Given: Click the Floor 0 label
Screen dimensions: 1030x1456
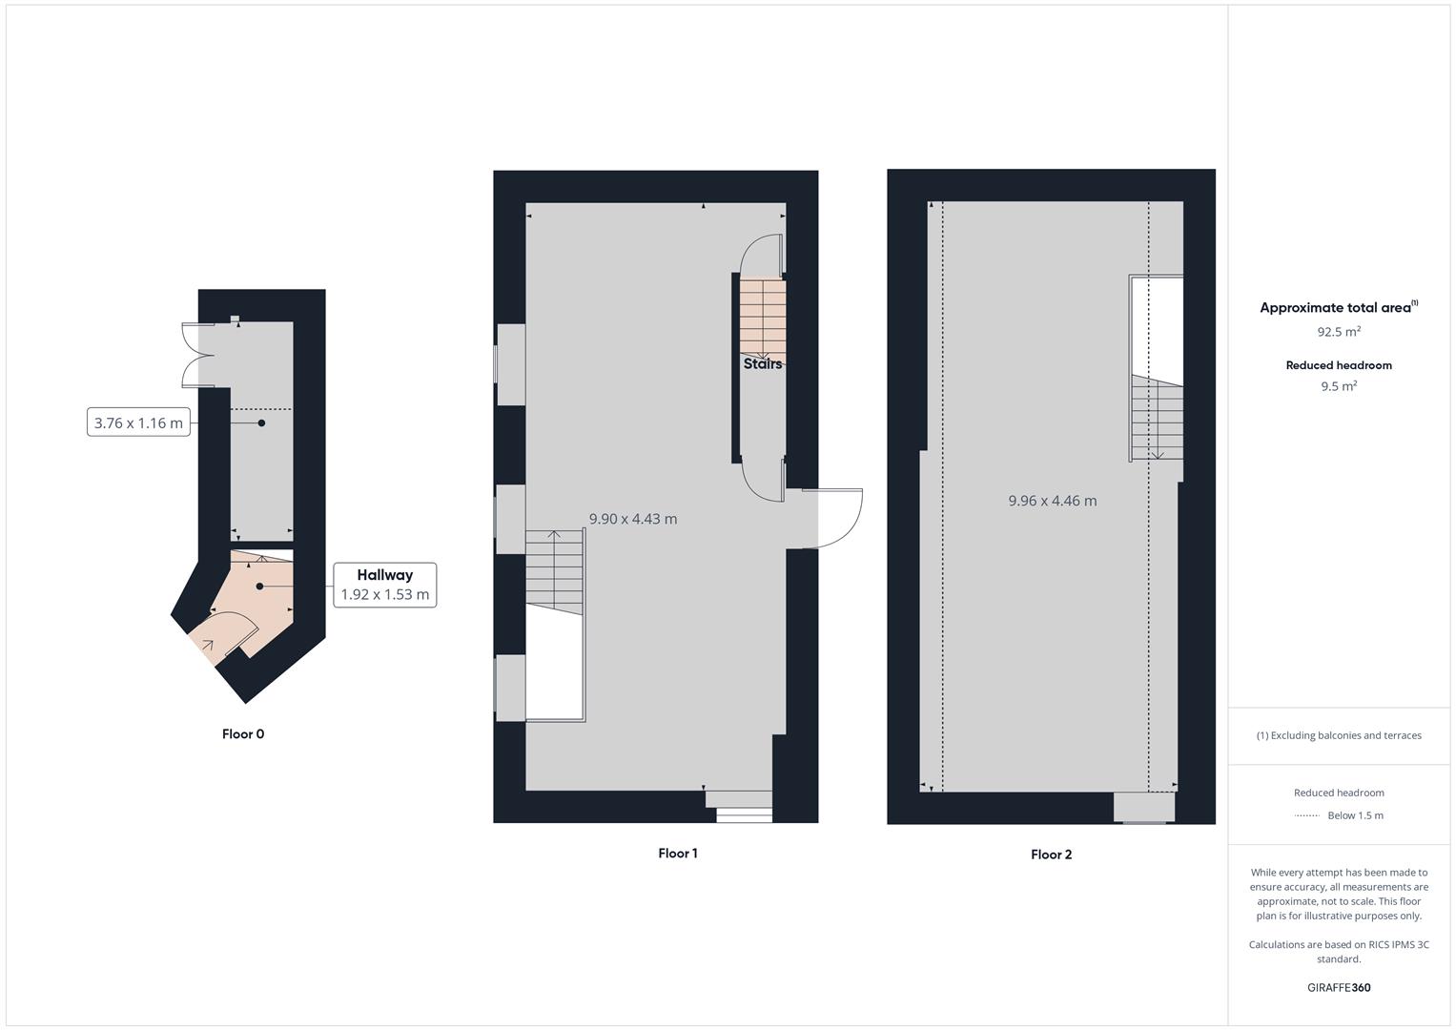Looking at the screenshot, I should [x=243, y=733].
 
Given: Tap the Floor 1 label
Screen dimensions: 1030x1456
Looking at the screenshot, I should [x=678, y=853].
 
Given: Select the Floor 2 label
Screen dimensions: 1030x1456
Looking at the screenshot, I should [x=1051, y=855].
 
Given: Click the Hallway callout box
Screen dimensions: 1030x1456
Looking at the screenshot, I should [x=385, y=585].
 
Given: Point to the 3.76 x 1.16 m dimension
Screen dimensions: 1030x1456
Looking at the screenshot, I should [x=138, y=422].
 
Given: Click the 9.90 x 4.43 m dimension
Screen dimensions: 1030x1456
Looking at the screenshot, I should [x=633, y=519].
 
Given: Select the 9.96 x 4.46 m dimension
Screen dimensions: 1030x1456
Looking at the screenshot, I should [x=1053, y=501].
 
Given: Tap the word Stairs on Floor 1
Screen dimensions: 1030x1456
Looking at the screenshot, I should [x=763, y=363].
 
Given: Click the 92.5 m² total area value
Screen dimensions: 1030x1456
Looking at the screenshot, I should [x=1339, y=332].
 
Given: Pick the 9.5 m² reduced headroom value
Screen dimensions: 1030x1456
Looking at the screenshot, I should [x=1339, y=386].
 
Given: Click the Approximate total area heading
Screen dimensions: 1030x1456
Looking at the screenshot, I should [x=1338, y=307].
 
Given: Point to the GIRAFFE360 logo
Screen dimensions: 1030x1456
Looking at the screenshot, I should [x=1339, y=987].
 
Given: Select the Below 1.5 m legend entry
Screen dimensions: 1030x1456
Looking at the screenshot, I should [x=1355, y=815].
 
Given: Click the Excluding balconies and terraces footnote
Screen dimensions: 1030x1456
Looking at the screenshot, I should [x=1339, y=735].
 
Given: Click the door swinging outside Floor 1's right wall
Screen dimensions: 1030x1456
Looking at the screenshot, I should [x=832, y=519].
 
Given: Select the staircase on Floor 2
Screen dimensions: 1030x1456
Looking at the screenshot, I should [x=1158, y=418].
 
